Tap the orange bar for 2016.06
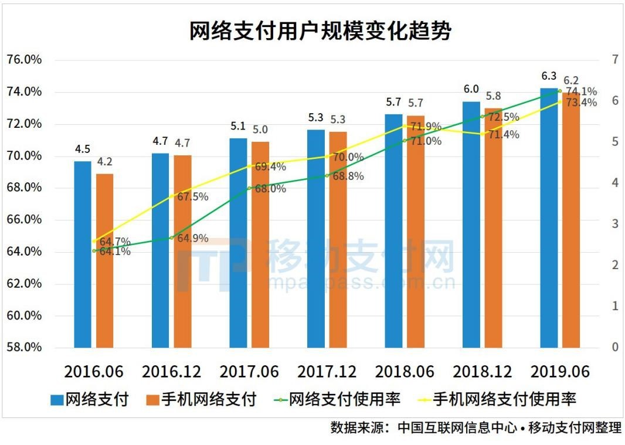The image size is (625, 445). coord(105,260)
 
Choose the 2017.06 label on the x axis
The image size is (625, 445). coord(249,372)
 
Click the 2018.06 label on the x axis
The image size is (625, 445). coord(405,372)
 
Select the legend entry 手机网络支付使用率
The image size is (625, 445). coord(498,400)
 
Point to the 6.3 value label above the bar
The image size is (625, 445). coord(549,76)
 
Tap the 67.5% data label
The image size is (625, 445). coord(193,197)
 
